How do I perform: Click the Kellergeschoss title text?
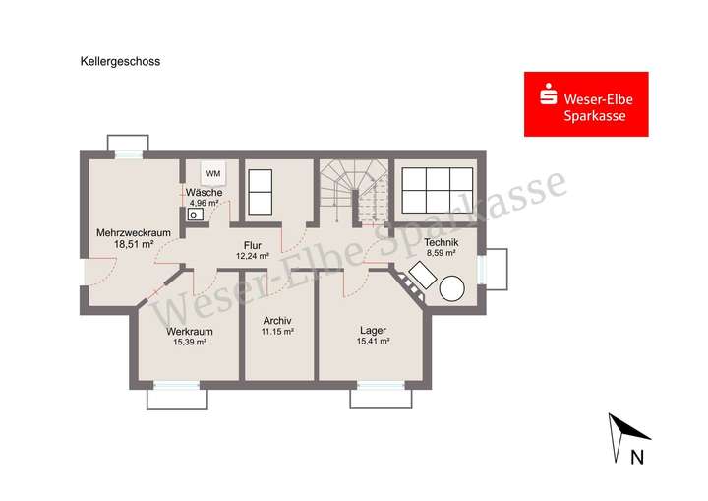pos(120,60)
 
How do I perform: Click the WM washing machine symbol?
pos(213,174)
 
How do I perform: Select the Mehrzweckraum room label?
pos(127,233)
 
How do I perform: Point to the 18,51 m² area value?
pos(127,244)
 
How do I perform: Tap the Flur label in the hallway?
pos(253,245)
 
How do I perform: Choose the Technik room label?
pos(441,242)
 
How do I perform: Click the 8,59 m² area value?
pos(441,253)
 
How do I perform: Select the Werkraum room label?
pos(189,332)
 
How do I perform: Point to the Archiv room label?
pos(278,322)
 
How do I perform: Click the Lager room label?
pos(373,331)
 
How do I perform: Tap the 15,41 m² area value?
pos(373,342)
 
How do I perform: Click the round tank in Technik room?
pos(453,288)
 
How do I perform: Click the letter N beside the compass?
pos(636,456)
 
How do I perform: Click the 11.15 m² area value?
pos(278,333)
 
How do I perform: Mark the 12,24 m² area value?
pos(253,256)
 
